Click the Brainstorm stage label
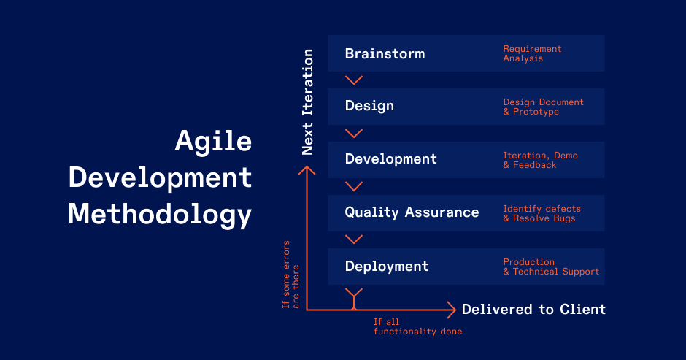coord(385,54)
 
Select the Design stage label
coord(369,106)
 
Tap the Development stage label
coord(390,159)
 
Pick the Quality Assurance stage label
coord(412,212)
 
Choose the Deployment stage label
coord(387,266)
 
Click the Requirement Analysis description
coord(532,54)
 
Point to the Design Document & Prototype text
coord(543,107)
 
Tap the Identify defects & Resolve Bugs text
coord(542,214)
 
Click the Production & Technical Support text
coord(550,267)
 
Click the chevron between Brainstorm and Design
coord(354,80)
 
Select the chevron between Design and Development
coord(354,133)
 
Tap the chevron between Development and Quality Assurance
coord(354,186)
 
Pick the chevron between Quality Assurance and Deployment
coord(354,240)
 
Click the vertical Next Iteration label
coord(308,102)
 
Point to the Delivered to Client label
coord(533,310)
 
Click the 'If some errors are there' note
coord(290,274)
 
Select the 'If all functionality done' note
coord(417,326)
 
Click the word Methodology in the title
coord(160,215)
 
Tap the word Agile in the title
coord(213,140)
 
